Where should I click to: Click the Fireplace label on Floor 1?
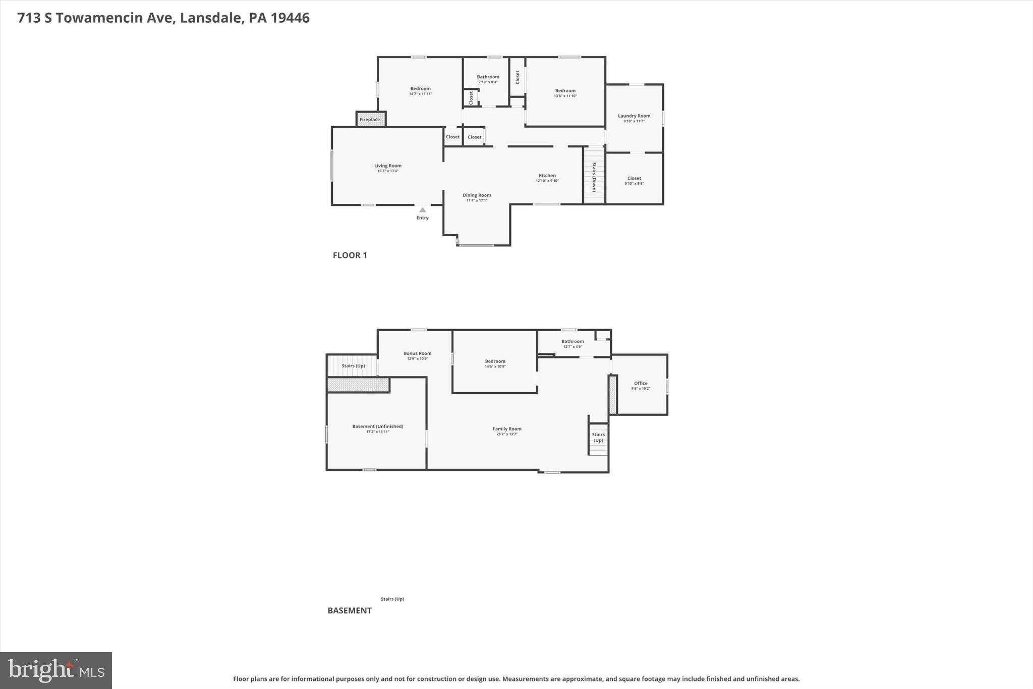(370, 120)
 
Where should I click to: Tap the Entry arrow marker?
(422, 210)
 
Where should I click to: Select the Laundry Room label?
(634, 116)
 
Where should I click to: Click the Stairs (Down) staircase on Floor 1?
(594, 176)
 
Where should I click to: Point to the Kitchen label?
(547, 176)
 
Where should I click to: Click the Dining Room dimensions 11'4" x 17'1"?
(477, 201)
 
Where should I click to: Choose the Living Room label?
(388, 166)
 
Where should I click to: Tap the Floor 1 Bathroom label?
(488, 77)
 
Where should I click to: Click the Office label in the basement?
(641, 383)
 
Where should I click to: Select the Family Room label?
(507, 429)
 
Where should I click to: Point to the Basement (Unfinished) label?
(377, 427)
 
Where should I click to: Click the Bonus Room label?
(417, 353)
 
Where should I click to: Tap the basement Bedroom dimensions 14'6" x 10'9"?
(495, 366)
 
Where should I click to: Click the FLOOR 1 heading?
(350, 255)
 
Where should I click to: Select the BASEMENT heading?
(350, 610)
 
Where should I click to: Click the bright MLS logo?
(56, 670)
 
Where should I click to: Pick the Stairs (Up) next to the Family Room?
(598, 437)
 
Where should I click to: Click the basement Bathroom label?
(572, 341)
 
